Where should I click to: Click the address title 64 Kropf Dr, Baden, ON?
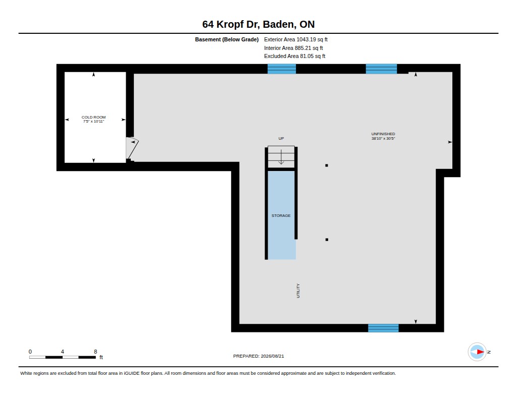pyautogui.click(x=258, y=24)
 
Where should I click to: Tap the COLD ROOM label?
pyautogui.click(x=93, y=118)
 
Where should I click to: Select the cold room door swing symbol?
pyautogui.click(x=132, y=148)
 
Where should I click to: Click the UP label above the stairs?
pyautogui.click(x=281, y=138)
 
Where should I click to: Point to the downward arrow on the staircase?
pyautogui.click(x=281, y=157)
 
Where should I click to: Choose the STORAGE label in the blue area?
pyautogui.click(x=281, y=215)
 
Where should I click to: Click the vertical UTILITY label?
pyautogui.click(x=298, y=291)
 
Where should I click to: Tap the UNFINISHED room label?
pyautogui.click(x=383, y=134)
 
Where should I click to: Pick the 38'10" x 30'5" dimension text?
pyautogui.click(x=383, y=138)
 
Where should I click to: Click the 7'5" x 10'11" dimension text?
pyautogui.click(x=93, y=121)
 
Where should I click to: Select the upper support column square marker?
pyautogui.click(x=327, y=165)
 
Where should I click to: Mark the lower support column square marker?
pyautogui.click(x=327, y=240)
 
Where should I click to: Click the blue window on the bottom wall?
pyautogui.click(x=383, y=328)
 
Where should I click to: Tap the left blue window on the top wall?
pyautogui.click(x=282, y=69)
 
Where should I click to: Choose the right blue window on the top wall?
pyautogui.click(x=381, y=69)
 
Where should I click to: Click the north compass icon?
pyautogui.click(x=477, y=352)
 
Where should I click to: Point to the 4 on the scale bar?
pyautogui.click(x=62, y=352)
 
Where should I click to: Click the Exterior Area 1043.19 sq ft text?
pyautogui.click(x=296, y=39)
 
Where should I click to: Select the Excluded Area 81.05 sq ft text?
pyautogui.click(x=294, y=56)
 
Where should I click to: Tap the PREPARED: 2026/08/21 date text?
pyautogui.click(x=258, y=356)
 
